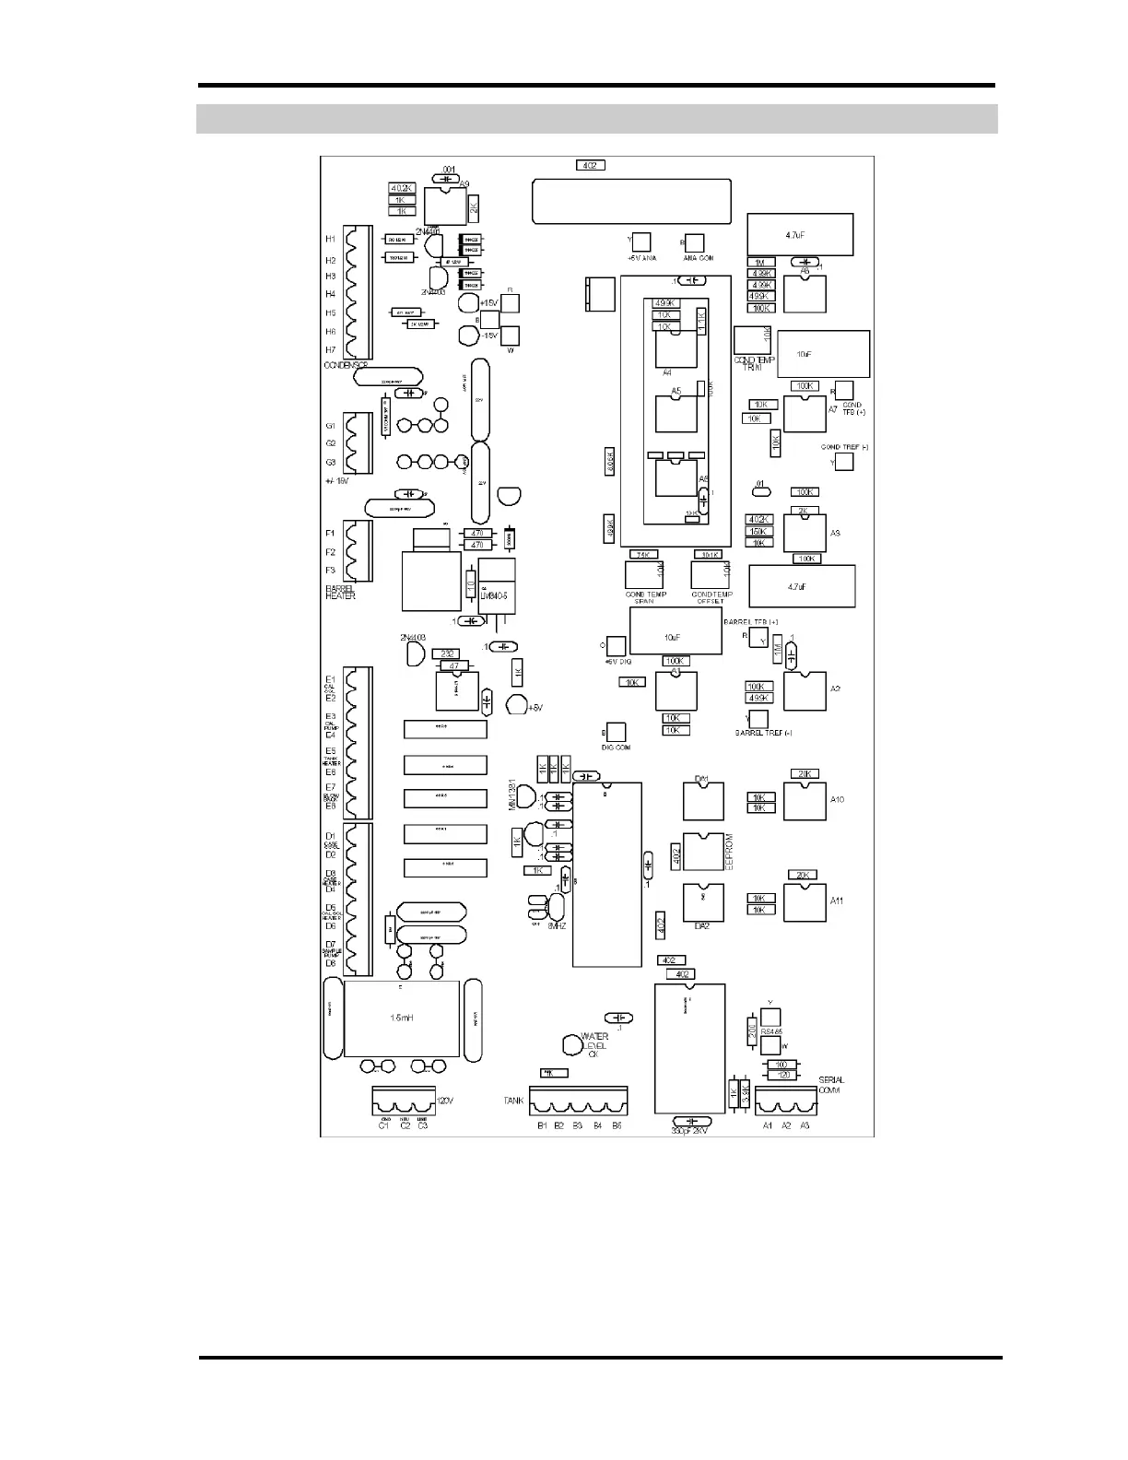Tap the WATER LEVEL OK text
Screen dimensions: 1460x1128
point(594,1045)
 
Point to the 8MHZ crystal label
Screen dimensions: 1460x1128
point(557,924)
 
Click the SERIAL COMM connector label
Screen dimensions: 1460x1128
point(830,1085)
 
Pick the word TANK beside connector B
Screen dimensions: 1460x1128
point(514,1101)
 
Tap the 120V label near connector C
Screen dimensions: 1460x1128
point(444,1101)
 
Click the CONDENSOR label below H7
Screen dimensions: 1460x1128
point(346,366)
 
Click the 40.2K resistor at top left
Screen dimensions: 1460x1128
point(402,188)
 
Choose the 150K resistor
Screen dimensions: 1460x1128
point(758,532)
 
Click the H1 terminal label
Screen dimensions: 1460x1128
point(330,240)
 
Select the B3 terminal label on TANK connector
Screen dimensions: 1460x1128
point(577,1125)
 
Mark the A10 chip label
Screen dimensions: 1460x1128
point(837,799)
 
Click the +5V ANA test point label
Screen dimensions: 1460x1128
point(640,258)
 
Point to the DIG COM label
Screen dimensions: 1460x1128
point(616,748)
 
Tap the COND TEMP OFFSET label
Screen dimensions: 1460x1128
point(711,597)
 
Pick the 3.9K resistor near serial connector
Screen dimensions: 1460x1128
point(745,1094)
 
